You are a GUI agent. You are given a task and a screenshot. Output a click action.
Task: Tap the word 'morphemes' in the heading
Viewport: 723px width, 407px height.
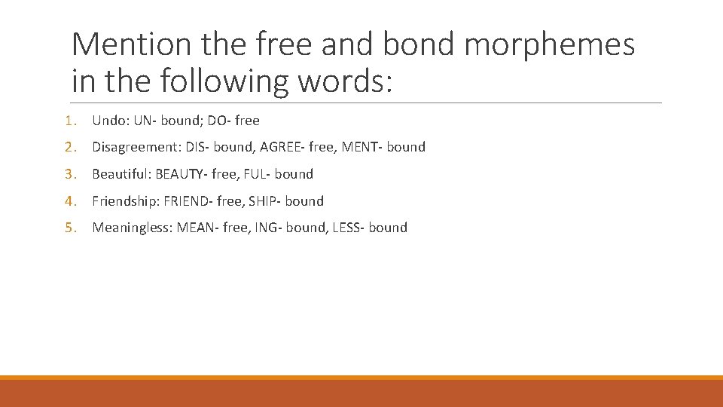coord(550,45)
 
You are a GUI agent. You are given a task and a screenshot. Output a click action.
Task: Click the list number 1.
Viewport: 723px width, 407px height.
coord(69,120)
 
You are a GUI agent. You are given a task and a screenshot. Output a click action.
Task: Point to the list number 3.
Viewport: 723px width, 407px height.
coord(69,174)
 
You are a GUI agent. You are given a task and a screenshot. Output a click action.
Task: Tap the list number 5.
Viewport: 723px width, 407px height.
coord(69,228)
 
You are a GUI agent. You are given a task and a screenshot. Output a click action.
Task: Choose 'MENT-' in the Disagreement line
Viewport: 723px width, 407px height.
coord(362,147)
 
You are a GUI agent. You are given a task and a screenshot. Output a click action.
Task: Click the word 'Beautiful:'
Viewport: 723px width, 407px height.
coord(121,174)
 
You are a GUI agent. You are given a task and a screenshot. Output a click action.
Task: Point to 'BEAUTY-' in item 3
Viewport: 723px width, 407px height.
coord(182,174)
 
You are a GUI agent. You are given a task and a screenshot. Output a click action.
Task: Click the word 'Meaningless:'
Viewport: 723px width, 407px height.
coord(132,228)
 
